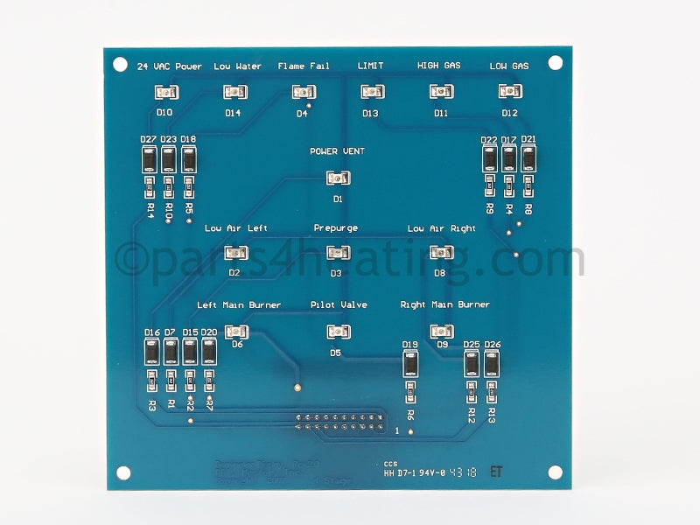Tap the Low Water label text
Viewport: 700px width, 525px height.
click(237, 66)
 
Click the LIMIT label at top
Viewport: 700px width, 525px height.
click(370, 66)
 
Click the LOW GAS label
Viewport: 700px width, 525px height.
click(508, 66)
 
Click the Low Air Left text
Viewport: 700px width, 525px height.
click(236, 228)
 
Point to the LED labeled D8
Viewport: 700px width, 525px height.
click(440, 253)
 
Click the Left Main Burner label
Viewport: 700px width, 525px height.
click(239, 305)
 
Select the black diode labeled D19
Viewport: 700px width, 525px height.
click(410, 366)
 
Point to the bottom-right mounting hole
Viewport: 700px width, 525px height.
click(554, 472)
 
